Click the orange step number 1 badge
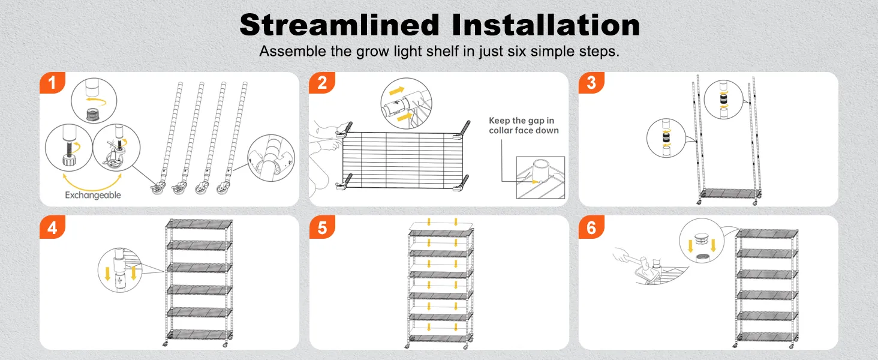[x=52, y=83]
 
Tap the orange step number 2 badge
[x=322, y=83]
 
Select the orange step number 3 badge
[x=591, y=83]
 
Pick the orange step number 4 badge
[x=52, y=227]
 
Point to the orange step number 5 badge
[x=322, y=227]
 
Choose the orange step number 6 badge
[x=591, y=227]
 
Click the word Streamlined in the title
[x=339, y=25]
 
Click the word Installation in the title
[x=546, y=25]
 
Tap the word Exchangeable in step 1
[x=93, y=195]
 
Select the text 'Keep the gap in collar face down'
[x=524, y=125]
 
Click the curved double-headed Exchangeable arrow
[x=92, y=186]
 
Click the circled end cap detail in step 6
[x=702, y=241]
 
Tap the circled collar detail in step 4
[x=120, y=270]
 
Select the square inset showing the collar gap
[x=540, y=178]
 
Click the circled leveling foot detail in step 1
[x=68, y=148]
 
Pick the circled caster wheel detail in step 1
[x=116, y=148]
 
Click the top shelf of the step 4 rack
[x=199, y=224]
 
